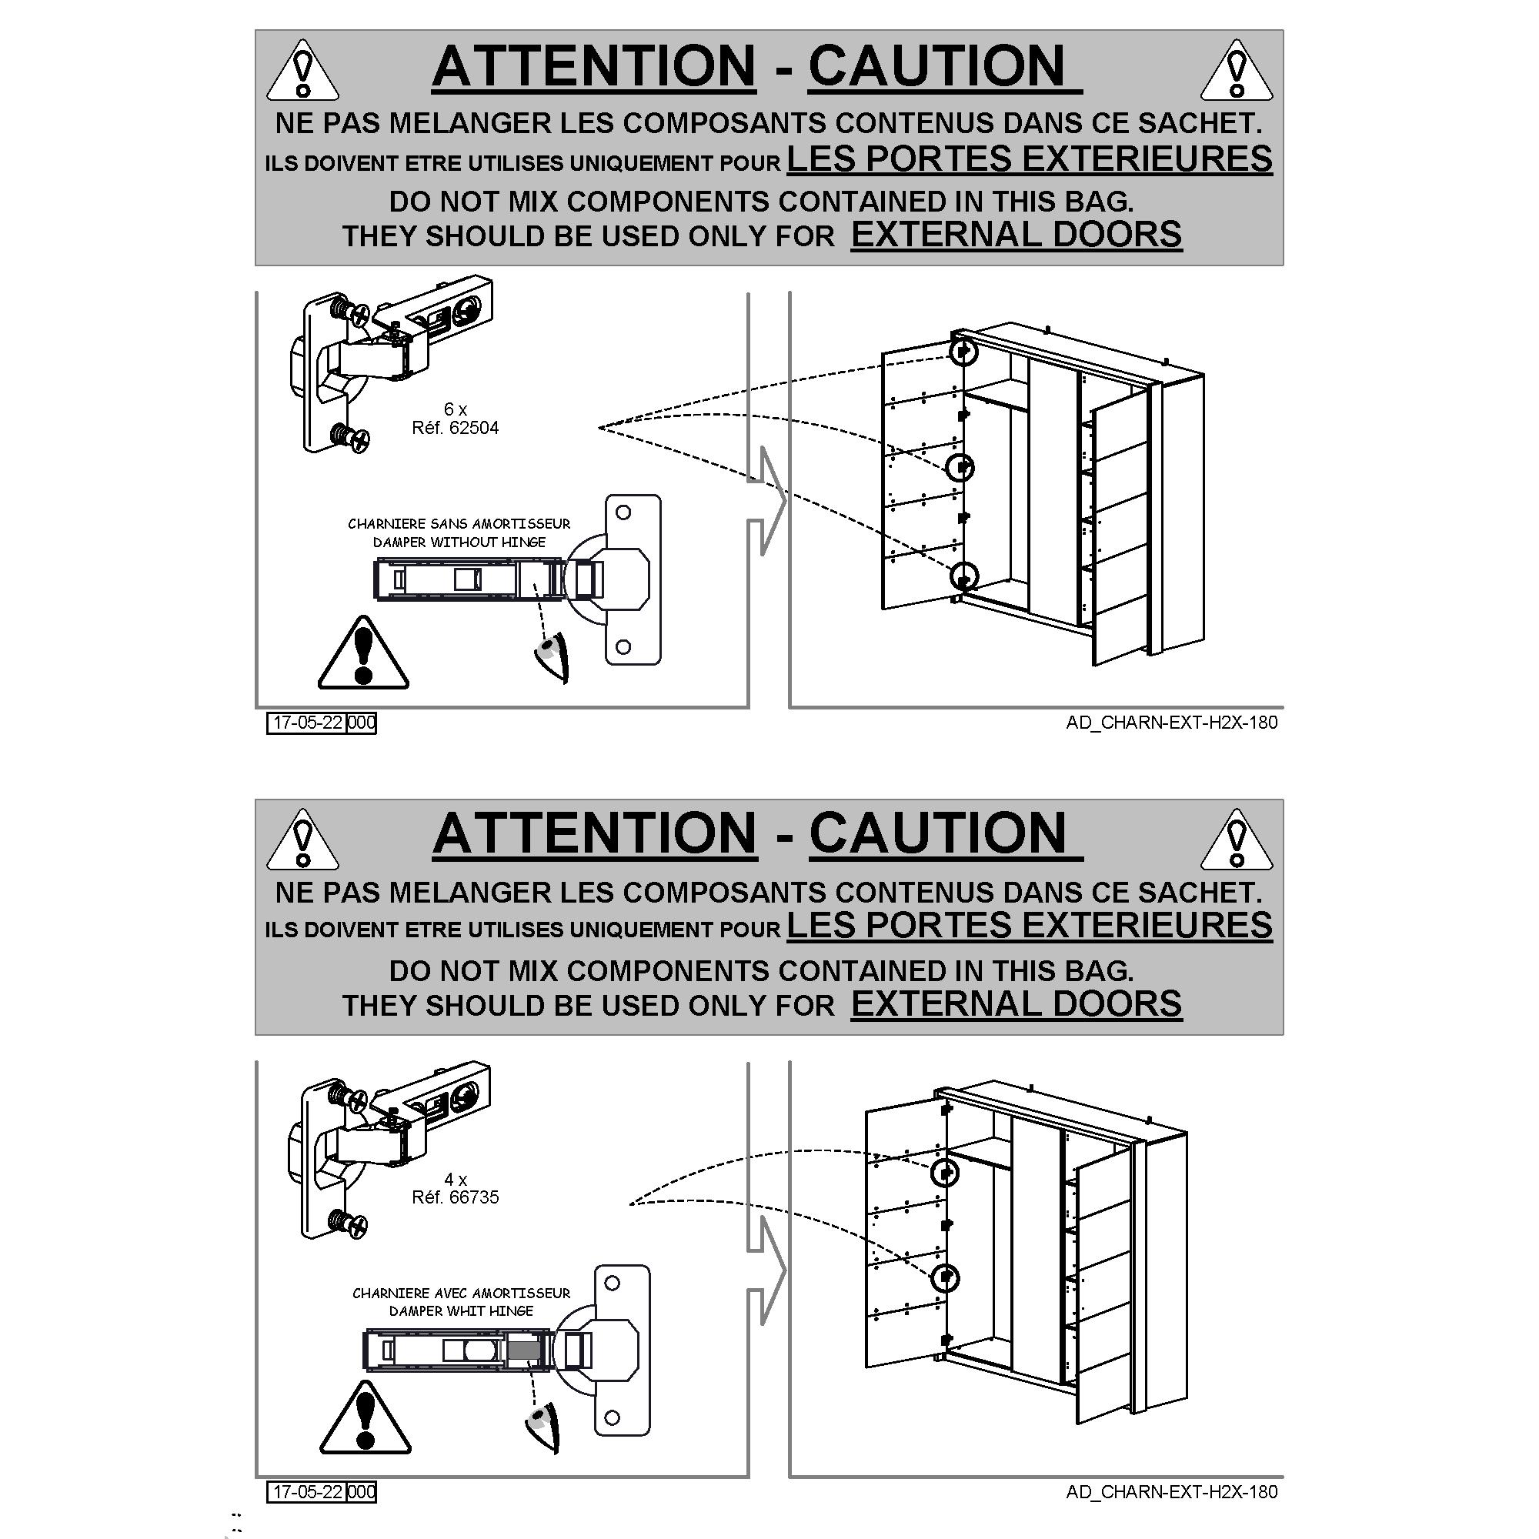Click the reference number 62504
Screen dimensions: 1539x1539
click(474, 428)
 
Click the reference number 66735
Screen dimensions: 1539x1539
click(474, 1197)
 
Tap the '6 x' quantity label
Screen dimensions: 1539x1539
click(455, 409)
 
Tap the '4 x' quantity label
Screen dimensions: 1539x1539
click(455, 1179)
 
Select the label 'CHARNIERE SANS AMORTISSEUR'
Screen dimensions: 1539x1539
click(459, 524)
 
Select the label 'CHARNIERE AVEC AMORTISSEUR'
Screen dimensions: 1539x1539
click(461, 1293)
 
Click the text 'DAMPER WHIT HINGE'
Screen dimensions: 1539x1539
click(461, 1311)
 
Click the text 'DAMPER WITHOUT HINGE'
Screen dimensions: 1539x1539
click(459, 542)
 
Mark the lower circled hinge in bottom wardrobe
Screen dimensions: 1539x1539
click(946, 1278)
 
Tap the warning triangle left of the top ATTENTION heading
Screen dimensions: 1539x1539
click(302, 72)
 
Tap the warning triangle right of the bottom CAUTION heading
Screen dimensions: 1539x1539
click(1237, 840)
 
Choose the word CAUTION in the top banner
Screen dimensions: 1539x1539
click(936, 66)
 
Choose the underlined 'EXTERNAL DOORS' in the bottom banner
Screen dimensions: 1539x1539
click(1017, 1003)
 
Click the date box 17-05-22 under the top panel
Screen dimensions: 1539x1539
click(307, 723)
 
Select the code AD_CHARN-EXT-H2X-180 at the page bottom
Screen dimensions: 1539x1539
click(1172, 1492)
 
